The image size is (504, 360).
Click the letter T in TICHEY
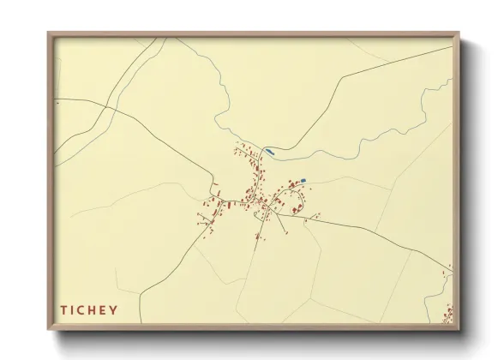point(64,309)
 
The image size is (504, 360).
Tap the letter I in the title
point(75,309)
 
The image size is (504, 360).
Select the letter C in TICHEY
point(84,309)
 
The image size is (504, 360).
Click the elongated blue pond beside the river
point(269,152)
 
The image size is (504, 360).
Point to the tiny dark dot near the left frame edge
point(57,102)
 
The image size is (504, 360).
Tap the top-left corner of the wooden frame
point(49,33)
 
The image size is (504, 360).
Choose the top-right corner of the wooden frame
point(457,33)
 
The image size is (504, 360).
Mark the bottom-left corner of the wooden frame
point(49,329)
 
